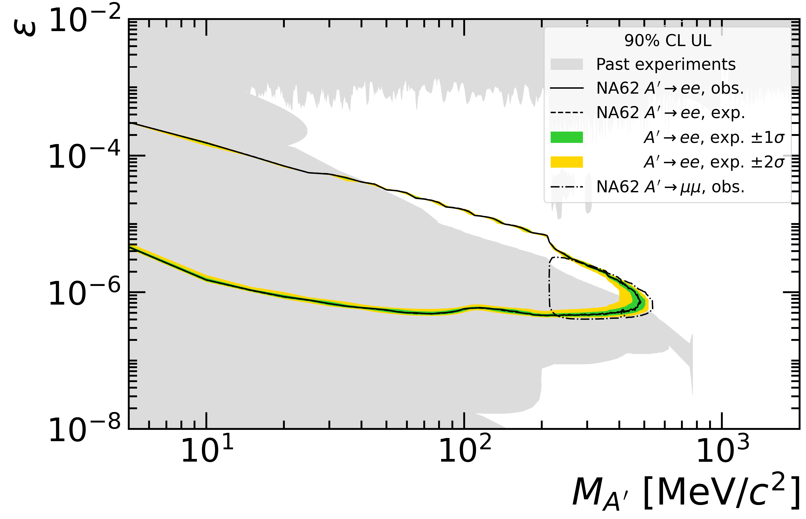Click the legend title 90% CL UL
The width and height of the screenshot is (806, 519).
(x=668, y=41)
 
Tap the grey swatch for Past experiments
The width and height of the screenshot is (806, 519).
(x=567, y=64)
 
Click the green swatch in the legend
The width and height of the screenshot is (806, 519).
(x=567, y=137)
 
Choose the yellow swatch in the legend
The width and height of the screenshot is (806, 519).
(x=567, y=162)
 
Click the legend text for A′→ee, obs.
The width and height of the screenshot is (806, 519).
(x=670, y=88)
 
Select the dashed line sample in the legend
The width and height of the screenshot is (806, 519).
(x=567, y=113)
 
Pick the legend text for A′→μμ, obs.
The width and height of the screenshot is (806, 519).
(x=670, y=187)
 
